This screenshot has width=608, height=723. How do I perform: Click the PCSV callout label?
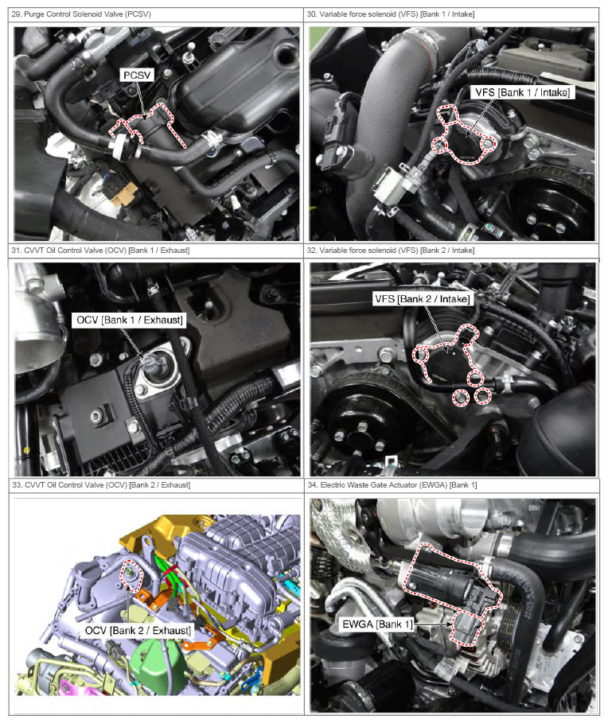pyautogui.click(x=137, y=75)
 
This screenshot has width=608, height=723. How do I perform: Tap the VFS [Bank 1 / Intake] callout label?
pyautogui.click(x=522, y=92)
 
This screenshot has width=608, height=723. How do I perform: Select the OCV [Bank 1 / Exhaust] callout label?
pyautogui.click(x=130, y=320)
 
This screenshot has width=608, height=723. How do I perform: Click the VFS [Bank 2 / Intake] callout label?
pyautogui.click(x=422, y=299)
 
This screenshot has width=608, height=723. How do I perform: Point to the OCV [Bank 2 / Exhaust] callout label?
pyautogui.click(x=138, y=630)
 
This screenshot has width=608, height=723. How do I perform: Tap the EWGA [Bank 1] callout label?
pyautogui.click(x=377, y=624)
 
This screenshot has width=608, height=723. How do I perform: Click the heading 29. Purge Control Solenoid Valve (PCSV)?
pyautogui.click(x=81, y=14)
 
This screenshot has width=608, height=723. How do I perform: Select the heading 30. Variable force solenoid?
pyautogui.click(x=391, y=14)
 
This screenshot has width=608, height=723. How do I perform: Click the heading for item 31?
pyautogui.click(x=100, y=251)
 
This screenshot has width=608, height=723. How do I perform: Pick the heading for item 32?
pyautogui.click(x=391, y=251)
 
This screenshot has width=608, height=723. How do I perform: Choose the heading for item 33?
pyautogui.click(x=101, y=485)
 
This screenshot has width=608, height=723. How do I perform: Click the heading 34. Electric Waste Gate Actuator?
pyautogui.click(x=392, y=485)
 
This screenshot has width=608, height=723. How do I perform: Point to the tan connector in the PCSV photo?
pyautogui.click(x=123, y=192)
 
